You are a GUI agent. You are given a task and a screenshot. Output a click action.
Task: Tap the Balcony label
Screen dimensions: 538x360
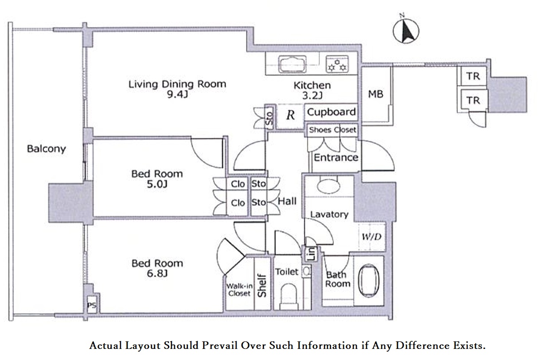pos(47,149)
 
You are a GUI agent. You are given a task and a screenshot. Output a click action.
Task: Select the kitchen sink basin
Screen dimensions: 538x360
pos(292,64)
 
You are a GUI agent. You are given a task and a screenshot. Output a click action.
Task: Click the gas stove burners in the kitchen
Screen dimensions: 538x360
pos(337,64)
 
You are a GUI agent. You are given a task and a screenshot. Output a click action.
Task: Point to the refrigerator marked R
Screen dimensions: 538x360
pos(290,116)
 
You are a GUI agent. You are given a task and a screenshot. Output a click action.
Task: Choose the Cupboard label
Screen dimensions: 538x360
pos(331,112)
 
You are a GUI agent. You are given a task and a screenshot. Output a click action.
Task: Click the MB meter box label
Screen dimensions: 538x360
pos(376,94)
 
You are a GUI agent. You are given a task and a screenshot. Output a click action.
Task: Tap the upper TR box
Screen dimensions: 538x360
pos(473,76)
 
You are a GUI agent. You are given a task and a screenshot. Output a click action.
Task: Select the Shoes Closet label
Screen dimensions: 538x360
pos(332,130)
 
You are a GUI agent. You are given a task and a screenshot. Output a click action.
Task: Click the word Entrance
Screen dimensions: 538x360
pos(336,158)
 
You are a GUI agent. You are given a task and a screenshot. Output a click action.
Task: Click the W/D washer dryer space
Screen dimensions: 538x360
pos(372,237)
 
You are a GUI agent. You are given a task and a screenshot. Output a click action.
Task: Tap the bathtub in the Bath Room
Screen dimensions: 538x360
pos(369,281)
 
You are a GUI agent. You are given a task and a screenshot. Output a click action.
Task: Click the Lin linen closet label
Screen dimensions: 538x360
pos(311,254)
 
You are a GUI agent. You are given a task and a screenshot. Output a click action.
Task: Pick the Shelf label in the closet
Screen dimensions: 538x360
pos(262,286)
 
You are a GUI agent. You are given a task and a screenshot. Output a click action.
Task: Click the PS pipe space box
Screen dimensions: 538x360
pos(92,305)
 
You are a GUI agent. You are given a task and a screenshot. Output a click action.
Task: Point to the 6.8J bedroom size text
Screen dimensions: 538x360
pos(157,274)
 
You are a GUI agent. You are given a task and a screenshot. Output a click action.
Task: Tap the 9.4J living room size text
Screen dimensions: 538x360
pos(177,94)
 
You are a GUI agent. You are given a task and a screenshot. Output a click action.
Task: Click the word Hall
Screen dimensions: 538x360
pos(287,201)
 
